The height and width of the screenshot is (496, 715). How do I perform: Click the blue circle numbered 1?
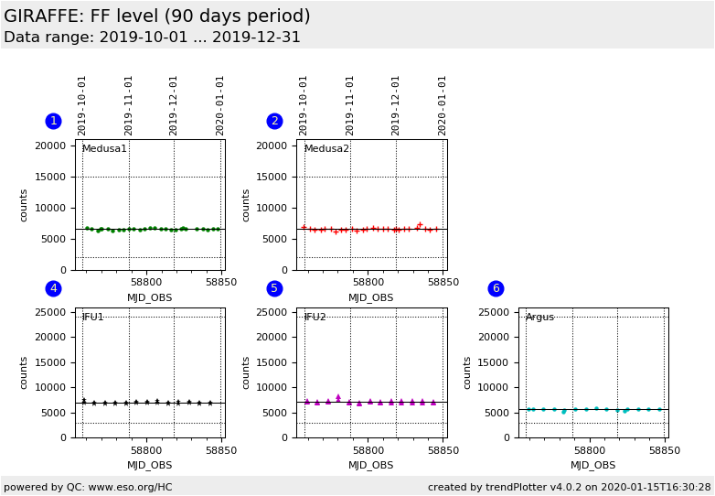53,121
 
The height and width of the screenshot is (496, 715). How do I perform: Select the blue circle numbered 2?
274,121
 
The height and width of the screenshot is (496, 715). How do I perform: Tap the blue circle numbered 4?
53,288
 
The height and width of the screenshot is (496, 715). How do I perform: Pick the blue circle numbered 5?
274,288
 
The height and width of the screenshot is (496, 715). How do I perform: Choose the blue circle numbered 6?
496,288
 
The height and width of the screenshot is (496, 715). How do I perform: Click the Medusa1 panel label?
104,149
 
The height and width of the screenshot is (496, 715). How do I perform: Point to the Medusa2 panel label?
326,149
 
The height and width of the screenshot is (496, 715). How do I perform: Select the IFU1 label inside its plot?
92,318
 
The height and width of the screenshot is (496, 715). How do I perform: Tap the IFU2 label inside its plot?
315,318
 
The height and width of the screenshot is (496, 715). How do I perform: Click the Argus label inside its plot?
539,318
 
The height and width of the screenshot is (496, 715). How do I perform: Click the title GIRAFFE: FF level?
156,16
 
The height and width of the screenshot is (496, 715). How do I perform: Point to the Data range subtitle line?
152,38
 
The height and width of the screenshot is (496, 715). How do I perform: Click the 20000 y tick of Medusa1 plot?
50,146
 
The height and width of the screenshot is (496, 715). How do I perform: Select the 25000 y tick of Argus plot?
493,313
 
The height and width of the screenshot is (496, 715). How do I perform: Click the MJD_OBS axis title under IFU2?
371,466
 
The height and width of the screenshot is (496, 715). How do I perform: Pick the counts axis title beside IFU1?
25,372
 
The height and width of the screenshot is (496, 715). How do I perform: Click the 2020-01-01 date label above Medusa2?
443,105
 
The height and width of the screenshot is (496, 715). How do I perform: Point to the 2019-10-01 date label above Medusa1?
82,105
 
